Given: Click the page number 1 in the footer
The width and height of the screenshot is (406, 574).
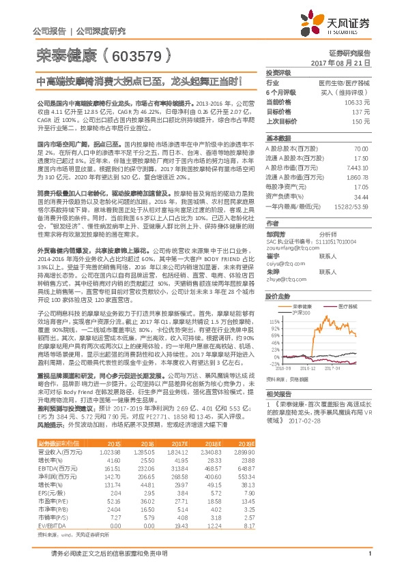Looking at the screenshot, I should coord(368,562).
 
